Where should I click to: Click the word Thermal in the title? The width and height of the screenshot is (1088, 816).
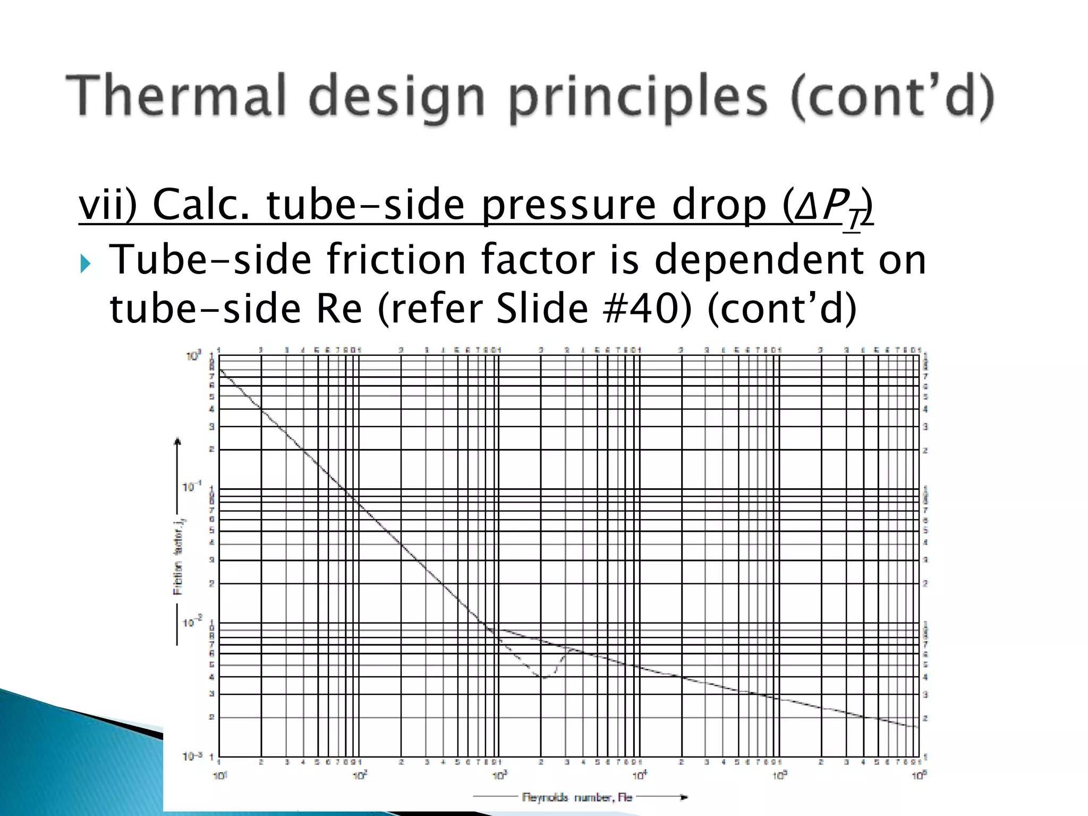coord(176,96)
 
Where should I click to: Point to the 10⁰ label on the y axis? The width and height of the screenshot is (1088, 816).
coord(193,356)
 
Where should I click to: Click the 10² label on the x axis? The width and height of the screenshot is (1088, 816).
coord(360,776)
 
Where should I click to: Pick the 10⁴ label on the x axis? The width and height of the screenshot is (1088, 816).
coord(640,776)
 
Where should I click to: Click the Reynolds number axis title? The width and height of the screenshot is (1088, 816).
coord(577,797)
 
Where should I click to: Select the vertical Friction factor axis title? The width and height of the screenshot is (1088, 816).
coord(178,557)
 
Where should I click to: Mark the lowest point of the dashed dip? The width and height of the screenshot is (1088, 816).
coord(544,677)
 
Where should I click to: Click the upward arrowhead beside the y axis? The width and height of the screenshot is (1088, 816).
coord(178,440)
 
